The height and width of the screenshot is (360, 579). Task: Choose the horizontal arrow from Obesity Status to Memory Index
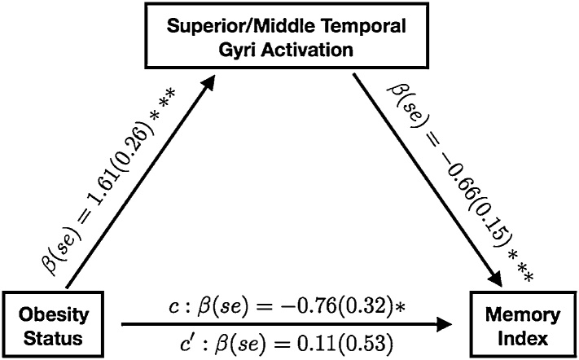point(285,324)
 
